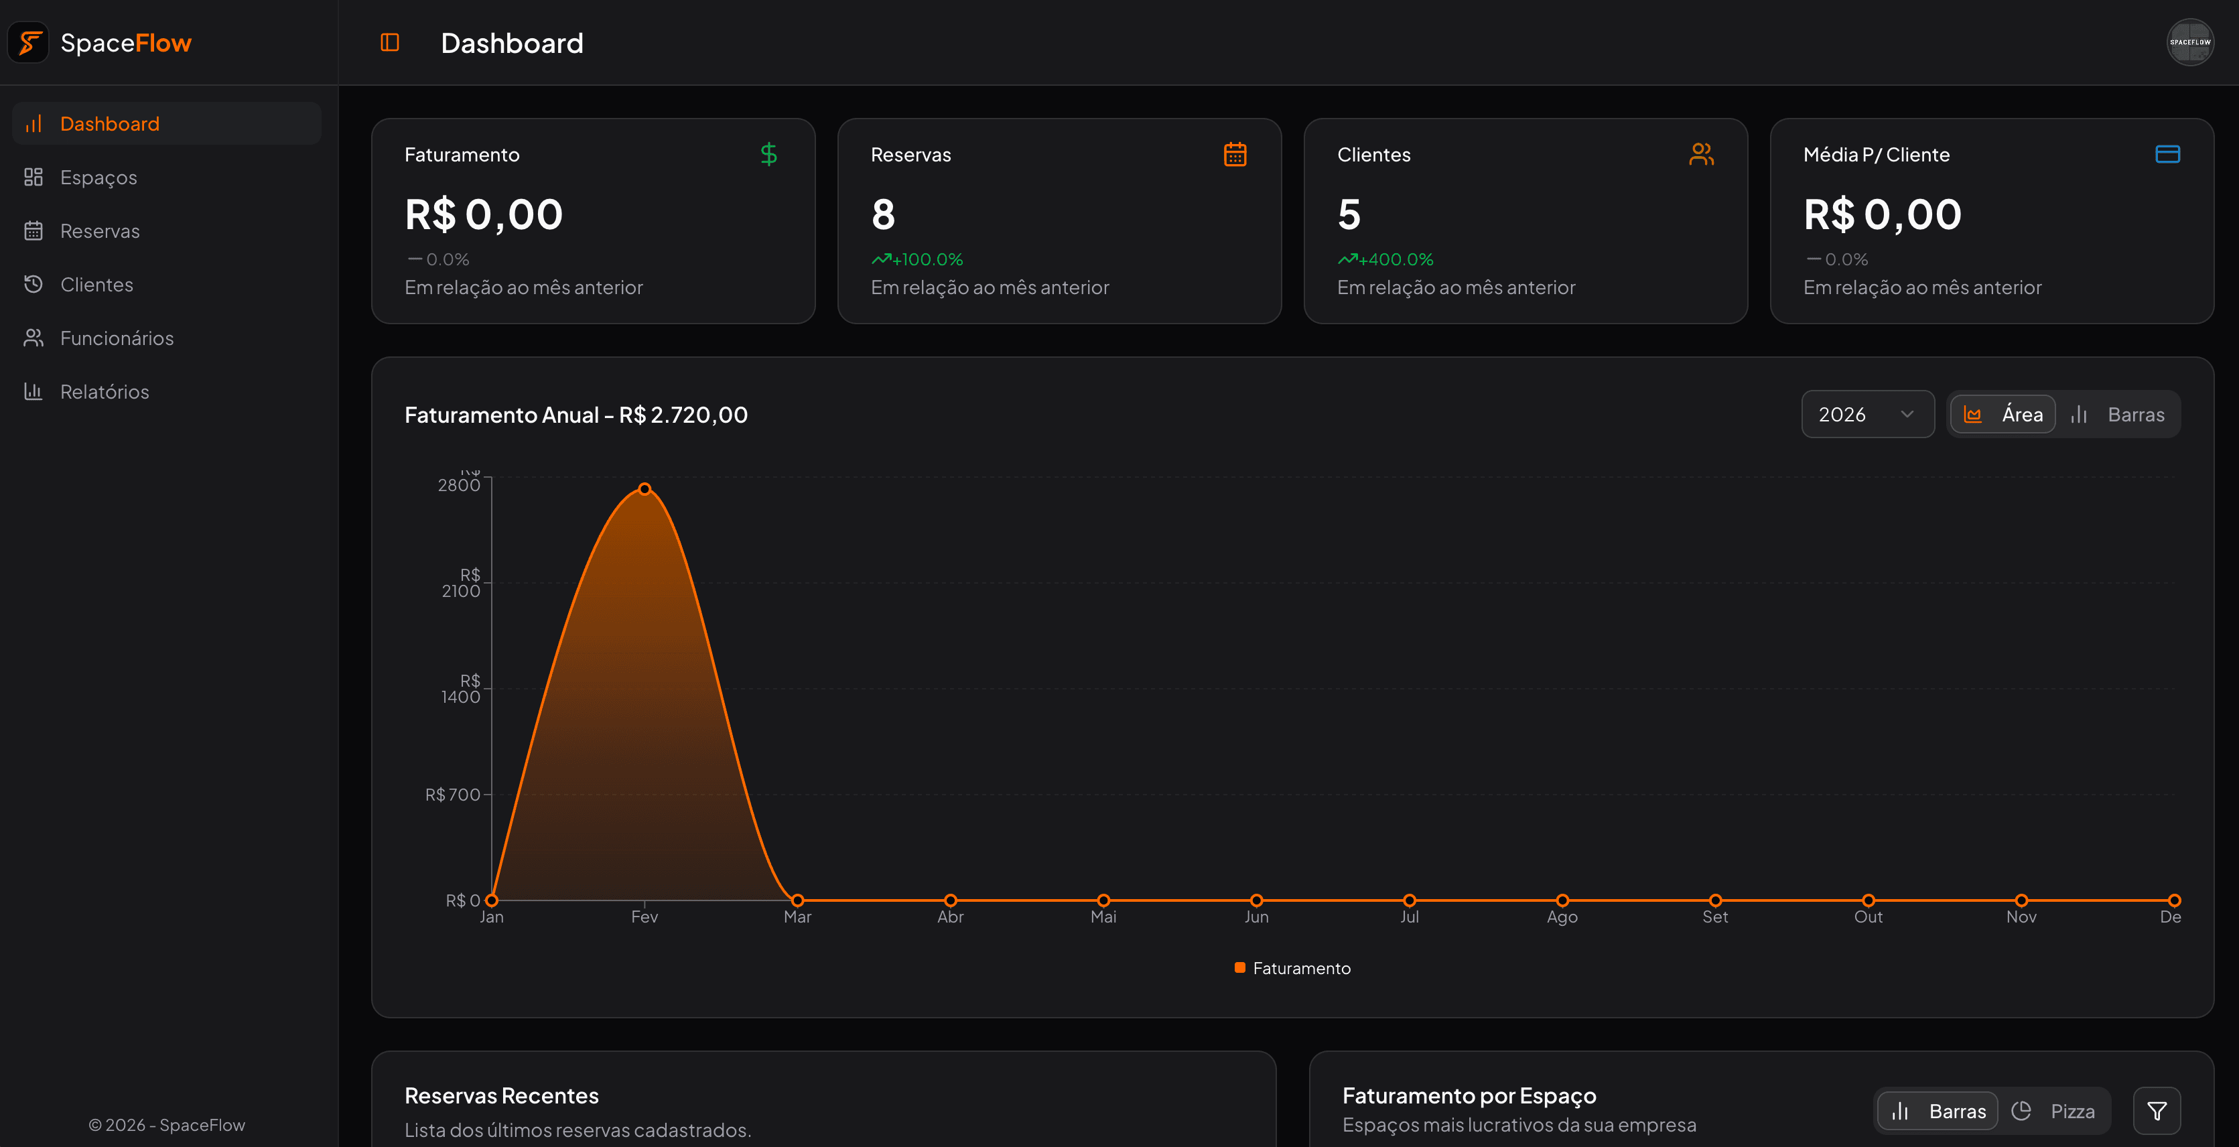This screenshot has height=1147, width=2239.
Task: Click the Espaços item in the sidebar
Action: coord(98,178)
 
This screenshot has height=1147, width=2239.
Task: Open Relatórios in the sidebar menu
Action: coord(105,392)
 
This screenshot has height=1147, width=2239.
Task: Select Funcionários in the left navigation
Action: coord(117,338)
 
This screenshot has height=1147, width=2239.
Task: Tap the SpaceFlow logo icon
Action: coord(29,43)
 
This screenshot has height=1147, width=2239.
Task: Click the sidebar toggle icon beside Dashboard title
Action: coord(389,43)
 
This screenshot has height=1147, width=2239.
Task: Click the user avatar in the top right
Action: coord(2189,43)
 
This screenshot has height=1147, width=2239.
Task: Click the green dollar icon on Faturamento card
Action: coord(768,155)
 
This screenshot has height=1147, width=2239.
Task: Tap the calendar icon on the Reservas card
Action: coord(1234,155)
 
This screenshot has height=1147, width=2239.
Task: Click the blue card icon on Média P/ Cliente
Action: coord(2167,155)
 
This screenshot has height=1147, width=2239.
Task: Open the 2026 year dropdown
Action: coord(1866,415)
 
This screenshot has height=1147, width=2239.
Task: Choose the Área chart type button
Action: coord(2003,415)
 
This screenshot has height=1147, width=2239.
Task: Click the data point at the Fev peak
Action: coord(644,489)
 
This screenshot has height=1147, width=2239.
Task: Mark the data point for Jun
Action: coord(1256,900)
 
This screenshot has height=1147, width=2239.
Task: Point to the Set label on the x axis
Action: coord(1714,917)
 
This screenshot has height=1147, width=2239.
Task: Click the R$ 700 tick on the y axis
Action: coord(452,794)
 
